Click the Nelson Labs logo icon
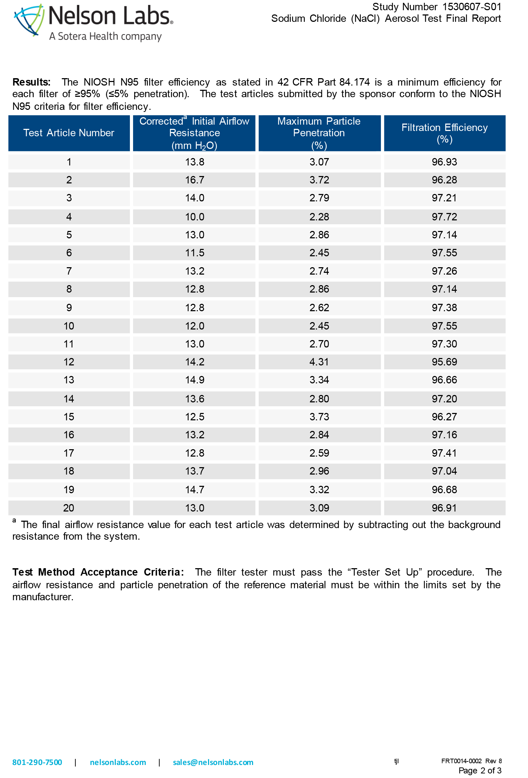29,20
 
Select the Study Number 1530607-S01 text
436,7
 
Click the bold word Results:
31,82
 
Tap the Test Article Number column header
69,133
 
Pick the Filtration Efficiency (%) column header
445,133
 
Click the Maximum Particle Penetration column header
319,133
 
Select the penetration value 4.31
319,362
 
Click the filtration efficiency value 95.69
445,362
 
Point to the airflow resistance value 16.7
195,180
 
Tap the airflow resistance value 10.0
195,217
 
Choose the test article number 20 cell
69,508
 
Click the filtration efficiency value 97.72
445,217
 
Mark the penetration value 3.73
319,417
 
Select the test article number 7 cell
69,271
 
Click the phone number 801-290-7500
37,762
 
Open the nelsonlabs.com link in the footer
118,762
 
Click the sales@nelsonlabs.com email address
213,762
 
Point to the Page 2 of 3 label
480,771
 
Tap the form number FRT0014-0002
461,761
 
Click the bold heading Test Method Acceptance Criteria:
98,572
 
